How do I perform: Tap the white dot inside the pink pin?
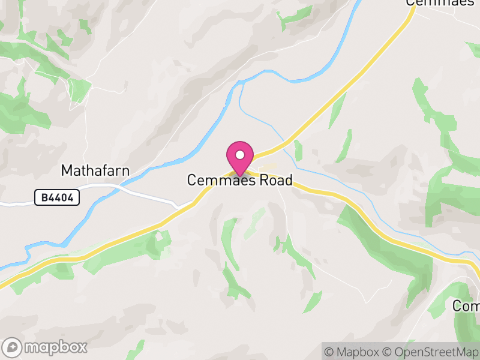(x=240, y=155)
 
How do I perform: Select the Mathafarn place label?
(x=95, y=171)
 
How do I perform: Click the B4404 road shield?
(x=57, y=197)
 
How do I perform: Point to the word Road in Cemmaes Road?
(x=272, y=180)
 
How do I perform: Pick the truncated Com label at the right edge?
(x=466, y=306)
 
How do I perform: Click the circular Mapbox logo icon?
(x=13, y=347)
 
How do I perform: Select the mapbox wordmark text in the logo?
(x=55, y=347)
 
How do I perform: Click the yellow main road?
(x=360, y=72)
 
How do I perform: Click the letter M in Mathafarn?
(x=66, y=171)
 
